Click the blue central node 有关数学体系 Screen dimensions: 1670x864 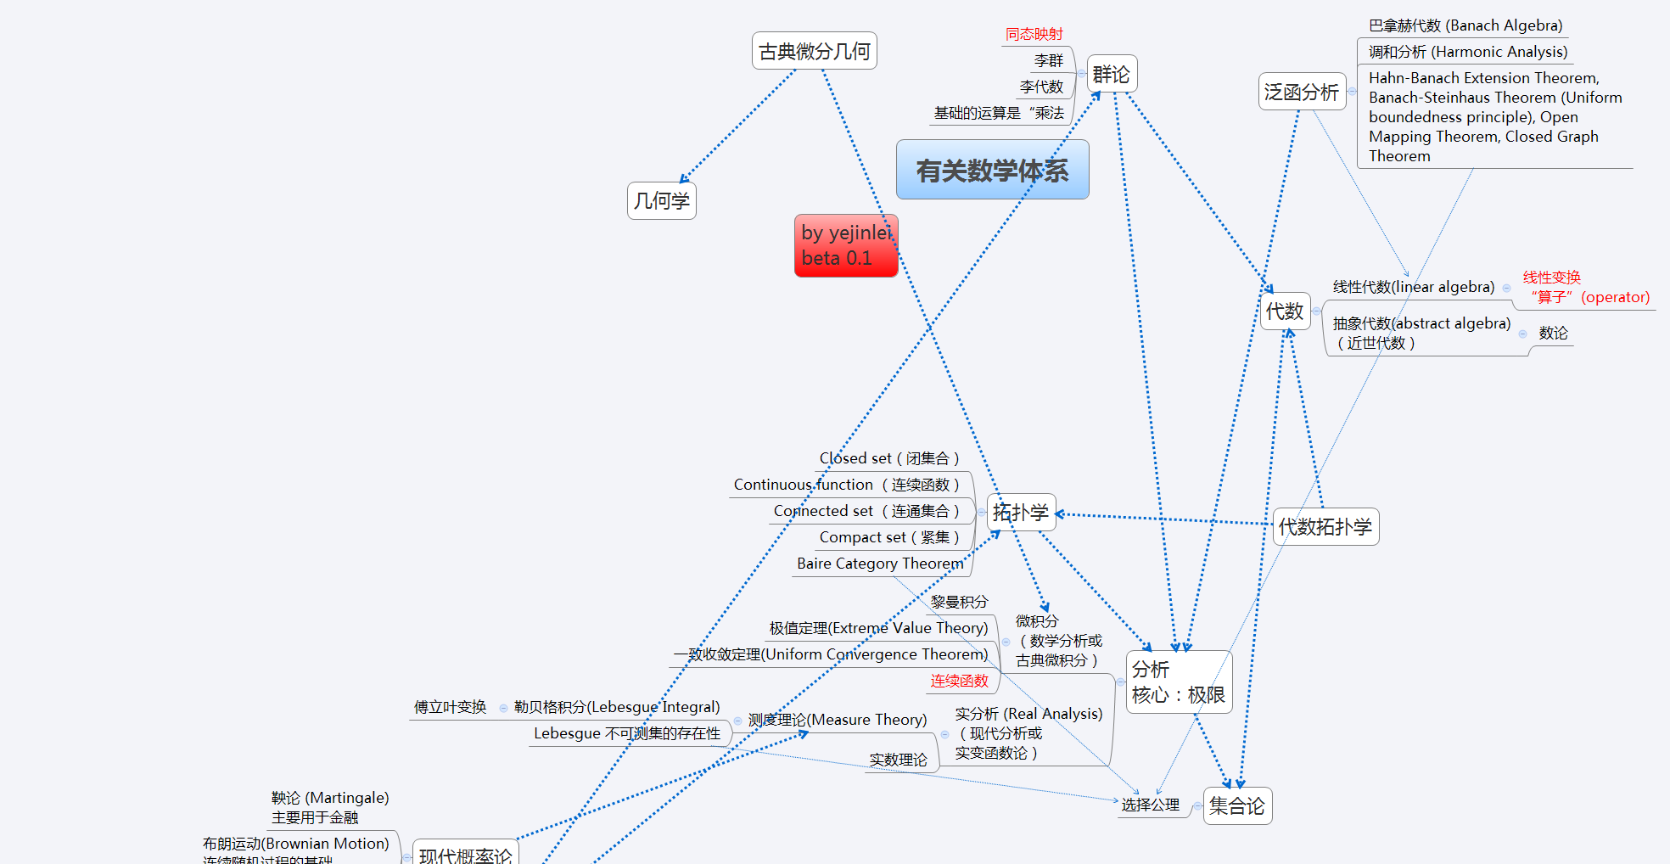coord(992,171)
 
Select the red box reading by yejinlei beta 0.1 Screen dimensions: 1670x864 coord(845,245)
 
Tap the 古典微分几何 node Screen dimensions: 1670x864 coord(814,52)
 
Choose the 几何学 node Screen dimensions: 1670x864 coord(661,201)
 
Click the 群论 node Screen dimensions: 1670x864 coord(1111,75)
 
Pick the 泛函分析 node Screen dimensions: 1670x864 coord(1301,92)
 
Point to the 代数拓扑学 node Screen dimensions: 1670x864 coord(1325,527)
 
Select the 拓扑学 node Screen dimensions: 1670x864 coord(1021,513)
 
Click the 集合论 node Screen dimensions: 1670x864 coord(1236,806)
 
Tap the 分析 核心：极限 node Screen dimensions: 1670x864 coord(1178,682)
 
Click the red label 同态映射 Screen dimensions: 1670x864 coord(1034,34)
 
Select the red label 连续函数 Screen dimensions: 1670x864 coord(959,681)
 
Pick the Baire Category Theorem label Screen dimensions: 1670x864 coord(880,564)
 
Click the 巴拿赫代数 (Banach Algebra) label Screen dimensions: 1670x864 coord(1465,25)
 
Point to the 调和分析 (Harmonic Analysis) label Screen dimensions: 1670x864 coord(1467,52)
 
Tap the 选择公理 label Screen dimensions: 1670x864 coord(1150,805)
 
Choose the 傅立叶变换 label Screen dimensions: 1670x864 coord(450,707)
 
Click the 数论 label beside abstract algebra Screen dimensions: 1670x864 coord(1553,334)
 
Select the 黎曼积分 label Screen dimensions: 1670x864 coord(959,602)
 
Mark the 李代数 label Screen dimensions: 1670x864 coord(1041,87)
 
